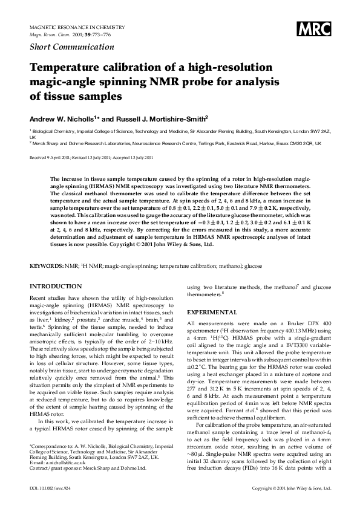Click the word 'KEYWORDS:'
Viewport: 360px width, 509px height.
(x=47, y=266)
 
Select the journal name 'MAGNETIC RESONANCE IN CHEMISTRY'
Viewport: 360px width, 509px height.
(x=77, y=28)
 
